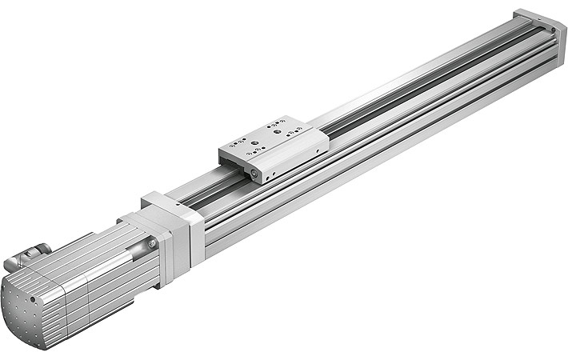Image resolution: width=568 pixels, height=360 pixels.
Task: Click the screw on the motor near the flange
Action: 150,242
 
